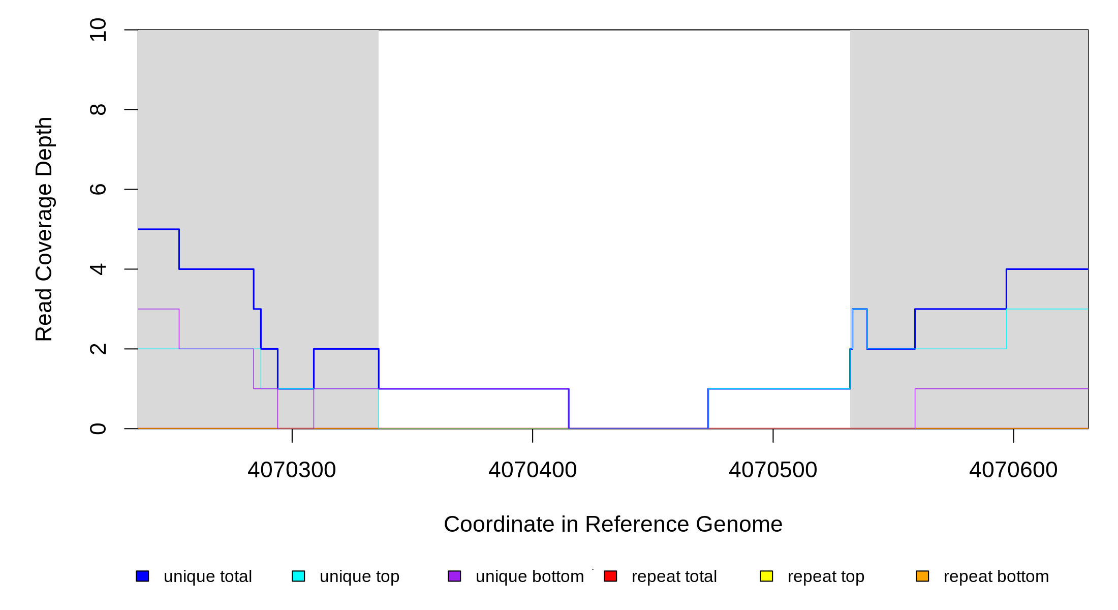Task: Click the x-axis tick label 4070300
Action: pyautogui.click(x=292, y=470)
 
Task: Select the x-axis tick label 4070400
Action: pyautogui.click(x=533, y=470)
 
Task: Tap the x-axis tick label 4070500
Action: pyautogui.click(x=773, y=470)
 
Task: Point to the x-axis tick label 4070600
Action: pyautogui.click(x=1013, y=470)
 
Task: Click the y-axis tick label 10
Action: pyautogui.click(x=98, y=30)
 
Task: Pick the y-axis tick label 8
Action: pyautogui.click(x=98, y=110)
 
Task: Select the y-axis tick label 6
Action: pyautogui.click(x=98, y=190)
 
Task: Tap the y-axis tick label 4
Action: pyautogui.click(x=98, y=269)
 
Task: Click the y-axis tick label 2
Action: pyautogui.click(x=98, y=349)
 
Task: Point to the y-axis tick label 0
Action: pyautogui.click(x=98, y=429)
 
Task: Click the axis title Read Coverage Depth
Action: pyautogui.click(x=44, y=229)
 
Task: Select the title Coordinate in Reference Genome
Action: pyautogui.click(x=613, y=524)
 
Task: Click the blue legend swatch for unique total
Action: pyautogui.click(x=142, y=576)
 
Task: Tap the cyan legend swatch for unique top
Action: pyautogui.click(x=298, y=576)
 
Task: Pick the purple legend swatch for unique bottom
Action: pyautogui.click(x=454, y=576)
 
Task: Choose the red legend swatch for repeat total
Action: pyautogui.click(x=610, y=576)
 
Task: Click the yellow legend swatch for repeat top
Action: pyautogui.click(x=766, y=576)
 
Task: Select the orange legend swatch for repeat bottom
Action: pyautogui.click(x=922, y=576)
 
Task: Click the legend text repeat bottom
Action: pyautogui.click(x=996, y=576)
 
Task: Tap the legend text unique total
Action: pyautogui.click(x=208, y=576)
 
